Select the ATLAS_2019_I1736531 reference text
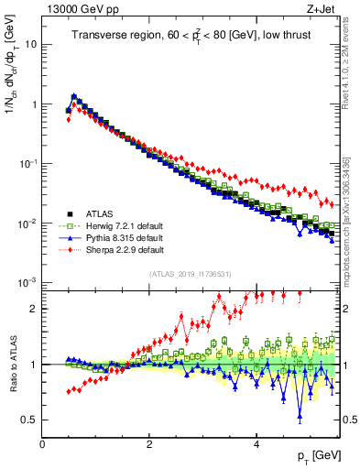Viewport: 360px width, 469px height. tap(191, 274)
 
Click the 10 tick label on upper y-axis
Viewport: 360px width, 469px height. tap(30, 44)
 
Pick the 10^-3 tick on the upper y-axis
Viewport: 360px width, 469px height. tap(27, 282)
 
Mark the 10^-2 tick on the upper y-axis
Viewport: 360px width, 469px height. tap(27, 223)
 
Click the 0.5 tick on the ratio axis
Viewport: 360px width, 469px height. tap(29, 420)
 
